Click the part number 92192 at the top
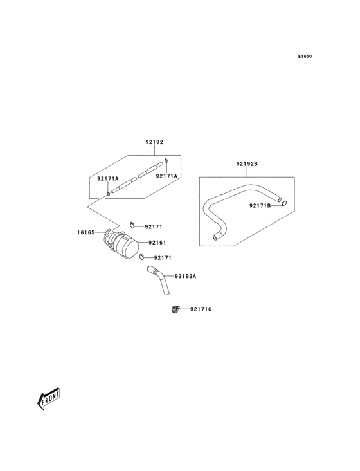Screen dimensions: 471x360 tap(154, 142)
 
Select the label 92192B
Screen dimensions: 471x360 tap(247, 164)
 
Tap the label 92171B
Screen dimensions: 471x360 tap(261, 206)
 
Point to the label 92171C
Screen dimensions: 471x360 tap(201, 310)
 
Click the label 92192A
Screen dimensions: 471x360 tap(185, 276)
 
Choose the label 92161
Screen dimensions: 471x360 tap(157, 243)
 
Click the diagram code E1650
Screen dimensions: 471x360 tap(305, 56)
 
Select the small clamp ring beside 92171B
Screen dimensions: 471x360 tap(284, 205)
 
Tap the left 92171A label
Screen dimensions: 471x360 tap(108, 178)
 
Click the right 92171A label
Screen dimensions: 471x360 tap(166, 176)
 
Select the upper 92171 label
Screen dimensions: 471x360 tap(154, 226)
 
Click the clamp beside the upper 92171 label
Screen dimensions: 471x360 tap(132, 225)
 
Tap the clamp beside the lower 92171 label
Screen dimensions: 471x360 tap(141, 259)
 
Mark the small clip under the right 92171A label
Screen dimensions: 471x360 tap(166, 160)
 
